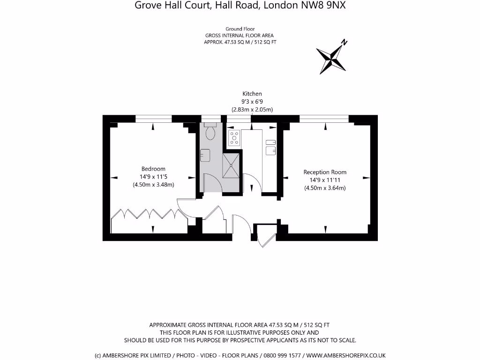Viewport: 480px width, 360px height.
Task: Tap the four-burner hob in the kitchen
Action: (x=234, y=138)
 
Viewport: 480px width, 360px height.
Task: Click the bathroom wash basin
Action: (x=205, y=155)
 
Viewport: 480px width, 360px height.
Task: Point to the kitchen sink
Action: (x=270, y=150)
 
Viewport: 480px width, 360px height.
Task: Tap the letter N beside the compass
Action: (x=344, y=43)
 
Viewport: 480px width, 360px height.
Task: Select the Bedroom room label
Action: (x=153, y=169)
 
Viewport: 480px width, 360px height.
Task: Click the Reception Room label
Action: (x=325, y=172)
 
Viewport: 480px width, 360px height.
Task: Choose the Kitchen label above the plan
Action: (x=252, y=94)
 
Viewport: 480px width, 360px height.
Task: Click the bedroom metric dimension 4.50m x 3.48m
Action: (x=153, y=185)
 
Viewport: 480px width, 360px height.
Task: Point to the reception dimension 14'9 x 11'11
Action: (x=325, y=180)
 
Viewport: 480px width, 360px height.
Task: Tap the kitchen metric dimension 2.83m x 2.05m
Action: (x=252, y=110)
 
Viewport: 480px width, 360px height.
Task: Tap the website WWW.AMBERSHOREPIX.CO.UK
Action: (x=346, y=355)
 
